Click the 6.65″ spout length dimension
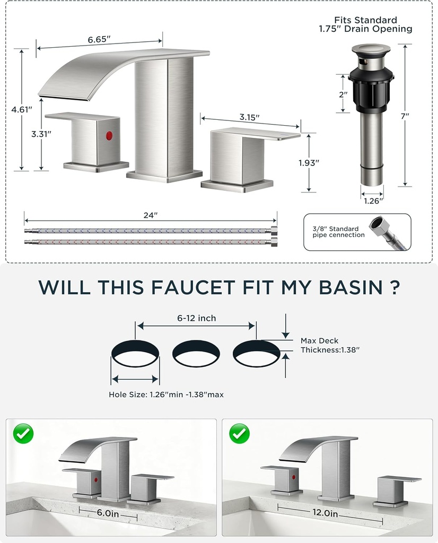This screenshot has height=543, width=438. coord(99,39)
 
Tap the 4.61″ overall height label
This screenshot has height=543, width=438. coord(22,110)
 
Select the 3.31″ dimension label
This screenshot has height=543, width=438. coord(41,134)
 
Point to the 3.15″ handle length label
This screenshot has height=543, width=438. coord(250,118)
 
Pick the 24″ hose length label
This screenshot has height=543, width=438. coord(151,215)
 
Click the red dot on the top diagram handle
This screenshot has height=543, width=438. coord(109,136)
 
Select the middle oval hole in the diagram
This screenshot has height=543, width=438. coord(196,354)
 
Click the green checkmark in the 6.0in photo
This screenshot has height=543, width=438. coord(23,433)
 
